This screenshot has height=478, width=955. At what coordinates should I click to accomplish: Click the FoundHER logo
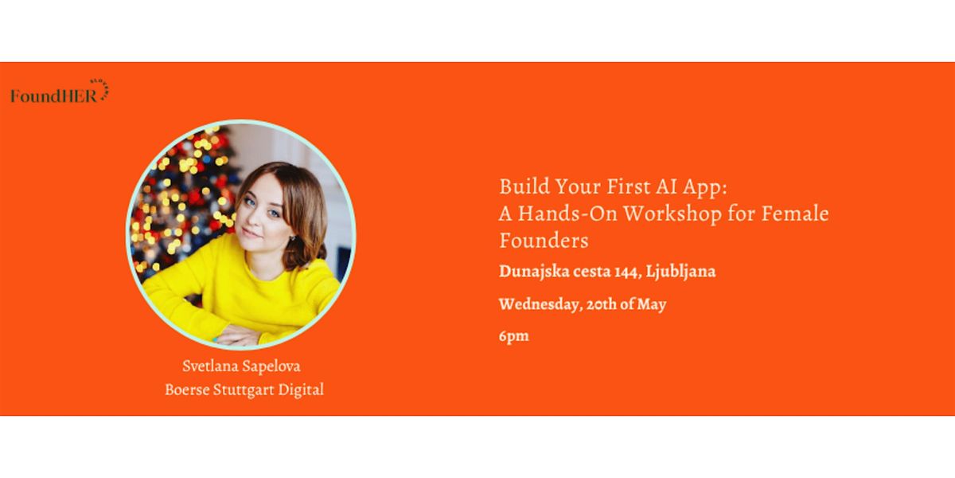pos(60,92)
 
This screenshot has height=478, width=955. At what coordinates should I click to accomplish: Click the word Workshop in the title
pos(672,214)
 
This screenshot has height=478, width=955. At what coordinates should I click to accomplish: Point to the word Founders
pos(544,241)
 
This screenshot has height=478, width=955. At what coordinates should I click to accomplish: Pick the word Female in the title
pos(795,214)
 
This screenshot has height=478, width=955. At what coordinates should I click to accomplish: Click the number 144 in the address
pos(628,272)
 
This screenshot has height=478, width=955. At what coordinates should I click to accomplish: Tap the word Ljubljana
pos(681,272)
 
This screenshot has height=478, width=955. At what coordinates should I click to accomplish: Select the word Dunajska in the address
pos(533,272)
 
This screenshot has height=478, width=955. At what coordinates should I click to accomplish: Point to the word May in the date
pos(652,304)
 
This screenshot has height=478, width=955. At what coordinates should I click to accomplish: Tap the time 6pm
pos(514,336)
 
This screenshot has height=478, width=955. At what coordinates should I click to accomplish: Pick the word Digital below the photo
pos(301,390)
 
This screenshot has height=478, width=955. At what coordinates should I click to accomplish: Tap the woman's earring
pos(291,237)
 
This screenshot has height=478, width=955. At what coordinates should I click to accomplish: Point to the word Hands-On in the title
pos(567,214)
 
